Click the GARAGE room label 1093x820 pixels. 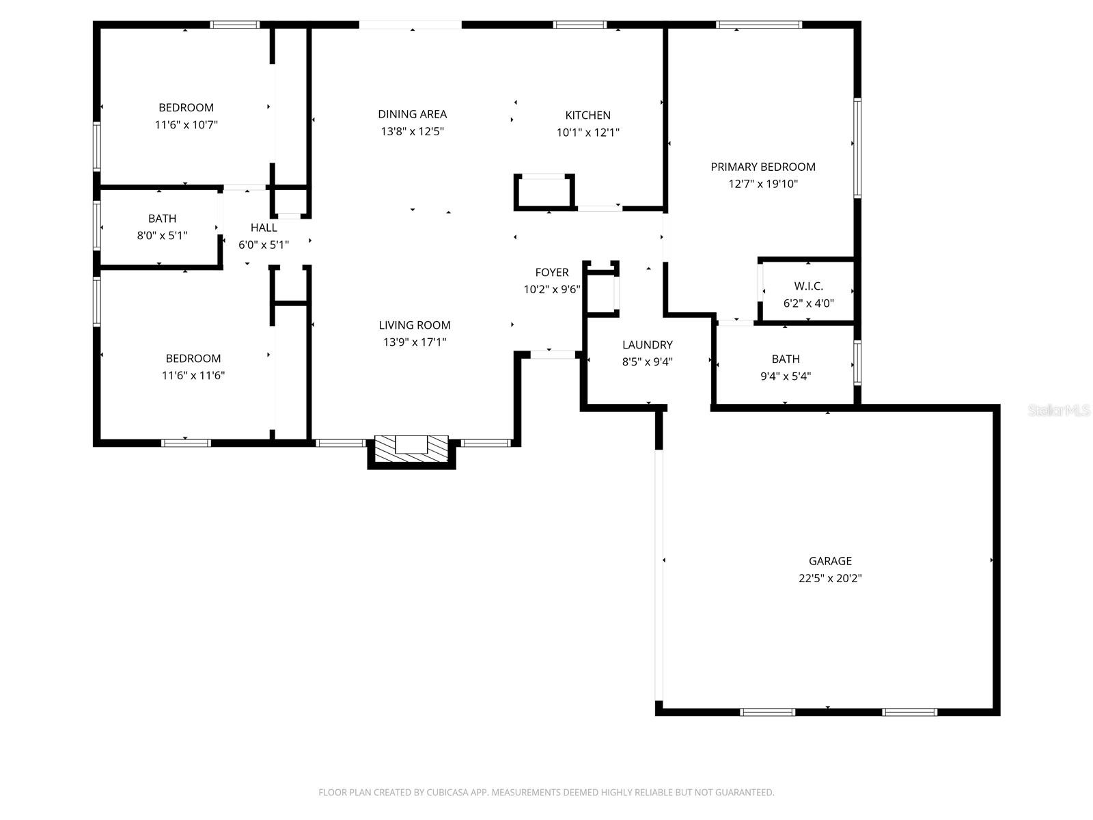point(830,561)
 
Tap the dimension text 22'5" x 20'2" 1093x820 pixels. point(830,578)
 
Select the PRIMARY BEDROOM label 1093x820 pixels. point(762,167)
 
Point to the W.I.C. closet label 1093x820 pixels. point(808,286)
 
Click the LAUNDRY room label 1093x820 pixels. point(647,345)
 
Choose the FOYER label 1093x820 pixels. point(552,273)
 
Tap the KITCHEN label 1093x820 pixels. point(587,115)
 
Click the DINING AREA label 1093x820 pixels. point(412,114)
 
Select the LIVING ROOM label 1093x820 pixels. point(415,325)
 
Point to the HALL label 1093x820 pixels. point(264,228)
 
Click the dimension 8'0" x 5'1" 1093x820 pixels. point(162,236)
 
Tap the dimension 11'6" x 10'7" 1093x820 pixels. point(186,125)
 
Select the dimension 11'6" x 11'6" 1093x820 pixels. point(193,375)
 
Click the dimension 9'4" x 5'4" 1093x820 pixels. point(786,376)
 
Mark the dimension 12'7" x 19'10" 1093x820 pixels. point(762,184)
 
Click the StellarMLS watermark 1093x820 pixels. point(1058,411)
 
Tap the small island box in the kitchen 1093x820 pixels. point(544,191)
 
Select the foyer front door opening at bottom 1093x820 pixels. point(552,354)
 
